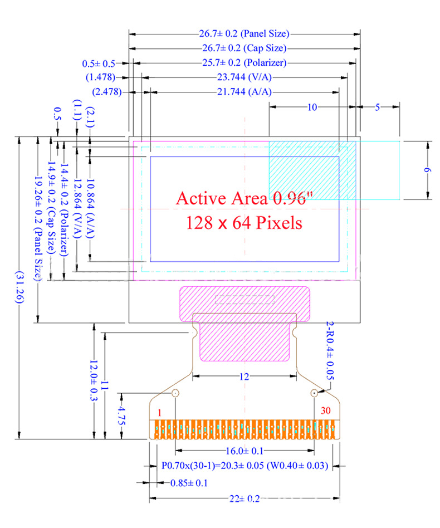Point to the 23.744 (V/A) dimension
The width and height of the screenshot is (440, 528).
245,77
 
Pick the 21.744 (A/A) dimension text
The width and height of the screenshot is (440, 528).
245,92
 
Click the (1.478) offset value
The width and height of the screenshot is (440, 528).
100,77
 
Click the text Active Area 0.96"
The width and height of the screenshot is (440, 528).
245,198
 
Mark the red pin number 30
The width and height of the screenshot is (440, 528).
325,410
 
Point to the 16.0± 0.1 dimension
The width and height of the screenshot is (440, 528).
245,451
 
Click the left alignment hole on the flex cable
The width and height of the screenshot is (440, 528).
175,393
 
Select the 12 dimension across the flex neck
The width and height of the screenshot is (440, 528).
244,377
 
